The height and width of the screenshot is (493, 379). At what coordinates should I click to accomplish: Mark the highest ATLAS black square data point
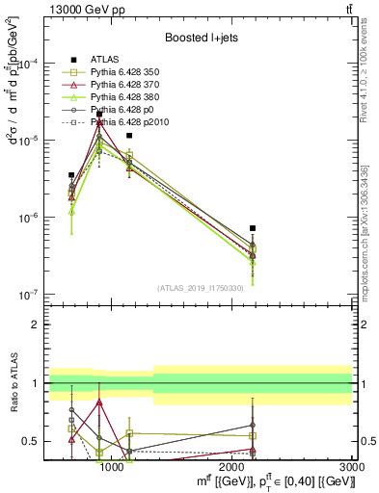[99, 115]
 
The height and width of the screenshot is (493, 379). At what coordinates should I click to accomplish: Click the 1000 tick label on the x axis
[112, 468]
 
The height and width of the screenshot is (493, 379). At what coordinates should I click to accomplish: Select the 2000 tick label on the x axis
[232, 468]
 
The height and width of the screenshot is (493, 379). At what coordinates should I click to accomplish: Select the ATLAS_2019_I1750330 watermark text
[199, 287]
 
